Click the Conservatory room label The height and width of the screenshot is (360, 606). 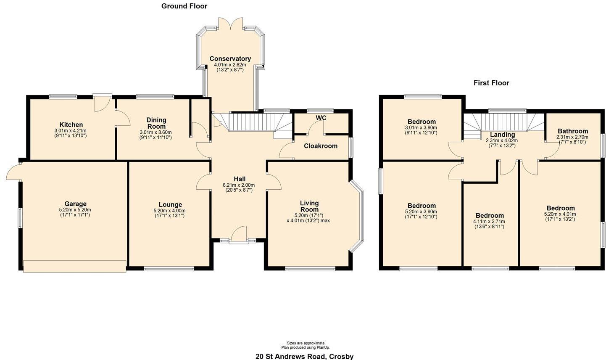tap(230, 59)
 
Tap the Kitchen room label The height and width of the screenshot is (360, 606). tap(71, 125)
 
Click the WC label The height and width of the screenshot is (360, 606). tap(321, 118)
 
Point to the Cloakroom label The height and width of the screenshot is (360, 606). tap(321, 146)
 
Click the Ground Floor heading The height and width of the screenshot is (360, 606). tap(184, 6)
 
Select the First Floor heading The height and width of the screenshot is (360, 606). tap(491, 83)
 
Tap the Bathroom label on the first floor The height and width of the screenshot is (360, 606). tap(572, 131)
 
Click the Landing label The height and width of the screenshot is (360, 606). tap(502, 135)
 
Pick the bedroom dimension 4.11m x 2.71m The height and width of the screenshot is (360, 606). tap(489, 222)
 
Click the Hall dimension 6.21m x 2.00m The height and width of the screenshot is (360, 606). tap(239, 185)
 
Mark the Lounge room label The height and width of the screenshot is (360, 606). tap(170, 205)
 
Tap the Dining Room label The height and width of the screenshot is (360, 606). tap(156, 123)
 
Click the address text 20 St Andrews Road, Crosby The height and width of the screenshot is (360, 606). tap(305, 356)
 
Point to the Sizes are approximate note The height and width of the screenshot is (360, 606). tap(306, 343)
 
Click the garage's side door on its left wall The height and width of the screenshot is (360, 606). tap(13, 172)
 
